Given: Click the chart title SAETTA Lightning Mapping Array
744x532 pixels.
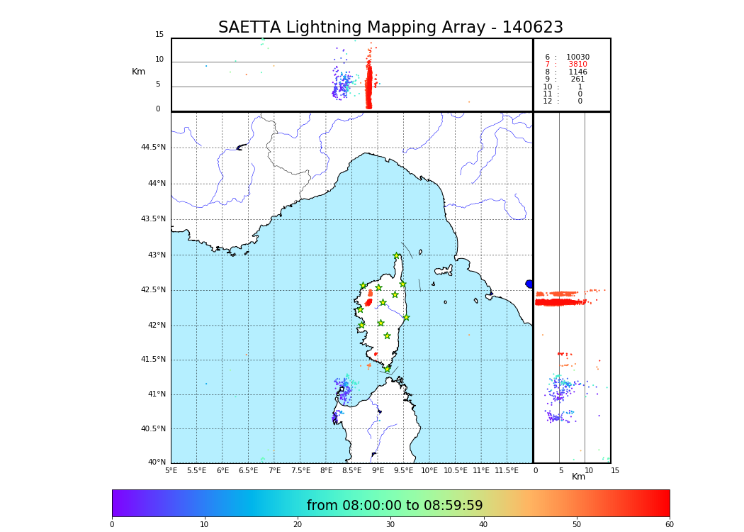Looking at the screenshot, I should click(390, 28).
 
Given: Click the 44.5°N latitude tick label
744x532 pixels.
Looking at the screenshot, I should click(153, 148).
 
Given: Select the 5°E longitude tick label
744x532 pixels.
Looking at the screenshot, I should click(171, 471).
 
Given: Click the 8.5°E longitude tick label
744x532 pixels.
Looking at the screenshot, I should click(352, 471).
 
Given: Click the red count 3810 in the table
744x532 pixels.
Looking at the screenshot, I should click(577, 65).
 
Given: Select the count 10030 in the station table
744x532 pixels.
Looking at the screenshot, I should click(577, 57).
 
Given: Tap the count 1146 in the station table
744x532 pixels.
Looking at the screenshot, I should click(577, 72).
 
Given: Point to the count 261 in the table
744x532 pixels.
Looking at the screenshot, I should click(577, 79).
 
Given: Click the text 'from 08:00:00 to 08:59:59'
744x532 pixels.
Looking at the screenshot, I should click(395, 506).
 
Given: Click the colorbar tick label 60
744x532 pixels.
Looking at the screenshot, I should click(669, 525).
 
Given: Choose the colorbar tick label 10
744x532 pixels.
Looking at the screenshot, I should click(204, 525).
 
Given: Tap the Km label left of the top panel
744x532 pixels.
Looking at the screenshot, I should click(138, 72).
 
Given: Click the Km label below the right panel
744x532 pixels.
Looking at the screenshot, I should click(578, 477).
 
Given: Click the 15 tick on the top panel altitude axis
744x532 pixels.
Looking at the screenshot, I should click(159, 35).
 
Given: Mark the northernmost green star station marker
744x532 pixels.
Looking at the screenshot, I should click(397, 256).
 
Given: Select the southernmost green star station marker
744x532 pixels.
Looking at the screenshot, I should click(388, 369).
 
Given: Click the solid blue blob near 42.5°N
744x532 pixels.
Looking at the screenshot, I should click(529, 284).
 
